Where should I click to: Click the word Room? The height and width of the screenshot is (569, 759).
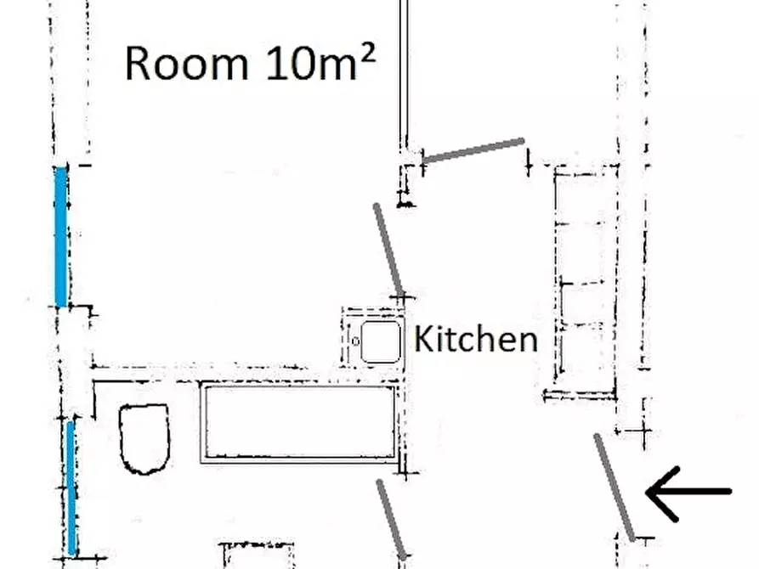(x=187, y=64)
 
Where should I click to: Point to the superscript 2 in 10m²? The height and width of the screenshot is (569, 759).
(x=368, y=54)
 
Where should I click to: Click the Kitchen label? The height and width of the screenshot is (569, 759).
(x=476, y=339)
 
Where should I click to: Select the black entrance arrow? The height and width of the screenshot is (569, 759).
(x=688, y=492)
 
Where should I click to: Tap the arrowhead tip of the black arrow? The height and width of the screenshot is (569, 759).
(x=647, y=492)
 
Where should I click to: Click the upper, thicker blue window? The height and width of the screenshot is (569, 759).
(x=61, y=237)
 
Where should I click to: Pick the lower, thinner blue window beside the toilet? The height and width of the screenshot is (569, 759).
(x=72, y=487)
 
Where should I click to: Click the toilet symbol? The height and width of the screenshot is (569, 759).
(x=144, y=438)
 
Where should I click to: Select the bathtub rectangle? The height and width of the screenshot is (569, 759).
(x=299, y=422)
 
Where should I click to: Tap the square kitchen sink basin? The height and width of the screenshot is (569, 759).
(x=381, y=341)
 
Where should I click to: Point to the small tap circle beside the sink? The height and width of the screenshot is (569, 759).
(x=355, y=341)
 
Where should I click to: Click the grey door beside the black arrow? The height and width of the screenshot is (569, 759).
(x=615, y=487)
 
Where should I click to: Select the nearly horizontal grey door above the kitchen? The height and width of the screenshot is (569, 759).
(x=473, y=150)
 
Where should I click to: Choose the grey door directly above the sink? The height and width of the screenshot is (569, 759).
(x=388, y=250)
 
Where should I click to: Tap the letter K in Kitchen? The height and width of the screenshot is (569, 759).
(x=423, y=339)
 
